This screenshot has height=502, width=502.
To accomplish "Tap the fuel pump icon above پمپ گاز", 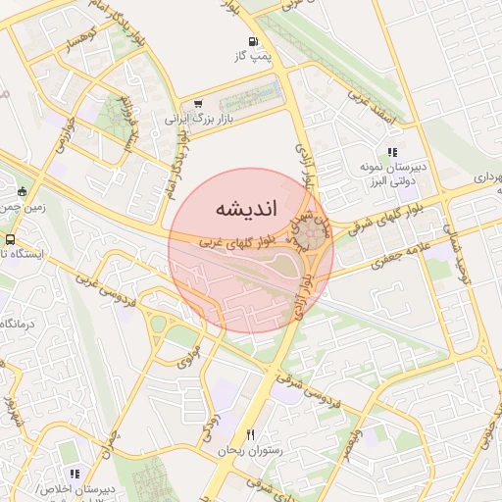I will pos(254,42).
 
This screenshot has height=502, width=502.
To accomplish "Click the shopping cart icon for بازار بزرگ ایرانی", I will pos(199,104).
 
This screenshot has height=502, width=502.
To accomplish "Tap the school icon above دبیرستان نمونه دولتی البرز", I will pos(392,153).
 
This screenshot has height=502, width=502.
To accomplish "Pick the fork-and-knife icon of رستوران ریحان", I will pos(251,434).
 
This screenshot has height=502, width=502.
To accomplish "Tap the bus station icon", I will pos(10,238).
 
